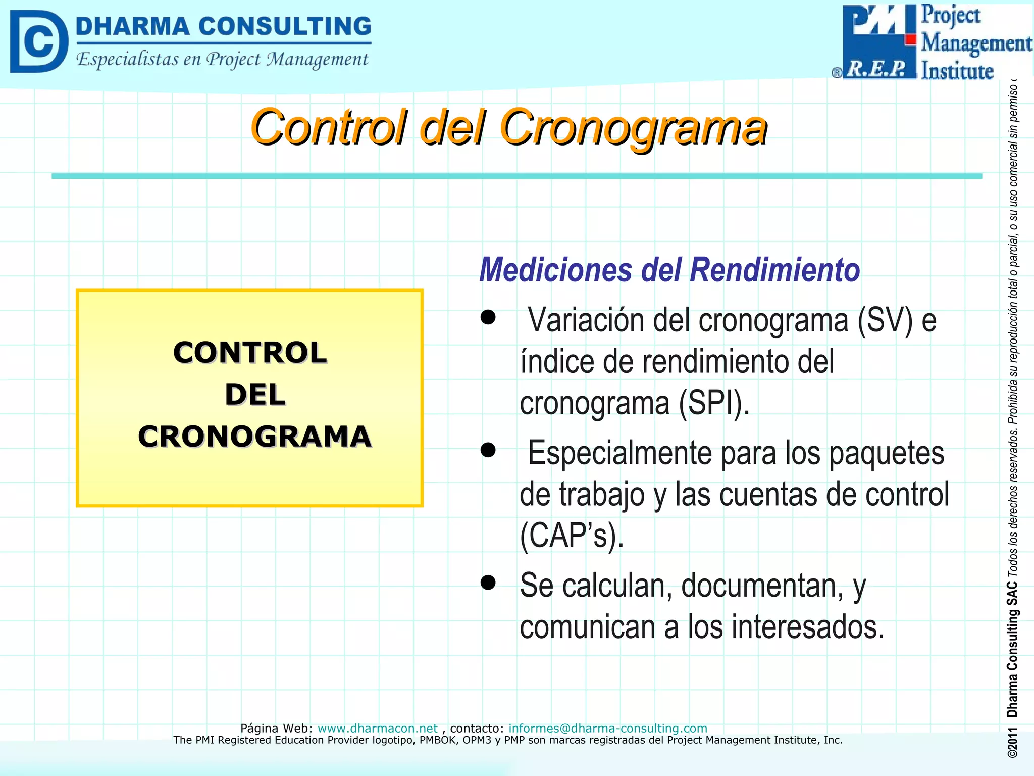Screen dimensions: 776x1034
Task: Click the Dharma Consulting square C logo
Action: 39,41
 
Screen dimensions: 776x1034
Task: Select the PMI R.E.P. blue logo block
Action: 878,41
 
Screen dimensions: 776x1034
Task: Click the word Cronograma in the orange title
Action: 634,127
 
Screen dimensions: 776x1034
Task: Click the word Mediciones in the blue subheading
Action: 555,270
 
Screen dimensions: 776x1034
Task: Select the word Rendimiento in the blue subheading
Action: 775,270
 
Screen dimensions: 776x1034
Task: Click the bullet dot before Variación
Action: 488,317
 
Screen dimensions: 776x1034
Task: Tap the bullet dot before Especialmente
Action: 488,450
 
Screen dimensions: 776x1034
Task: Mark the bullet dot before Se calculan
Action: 488,582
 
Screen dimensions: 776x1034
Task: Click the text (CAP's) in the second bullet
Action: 572,536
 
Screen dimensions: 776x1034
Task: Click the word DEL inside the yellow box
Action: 255,395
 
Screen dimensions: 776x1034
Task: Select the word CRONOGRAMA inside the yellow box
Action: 255,437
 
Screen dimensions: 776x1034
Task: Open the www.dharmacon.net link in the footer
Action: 377,728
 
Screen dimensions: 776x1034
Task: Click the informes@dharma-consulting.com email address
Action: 607,728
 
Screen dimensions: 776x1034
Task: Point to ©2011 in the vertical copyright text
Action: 1012,743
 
